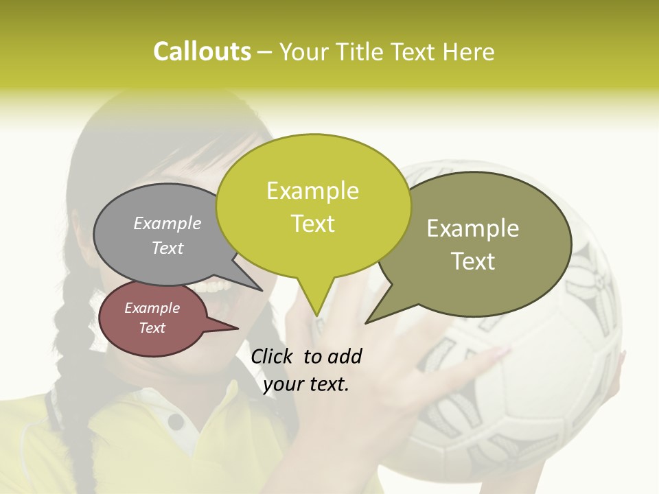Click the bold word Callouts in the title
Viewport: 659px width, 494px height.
[202, 51]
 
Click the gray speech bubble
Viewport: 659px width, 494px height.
[158, 237]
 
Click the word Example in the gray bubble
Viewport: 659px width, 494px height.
[167, 223]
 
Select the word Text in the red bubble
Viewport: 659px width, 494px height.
[152, 328]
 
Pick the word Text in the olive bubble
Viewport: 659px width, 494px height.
[473, 261]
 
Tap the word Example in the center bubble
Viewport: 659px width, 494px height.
[312, 191]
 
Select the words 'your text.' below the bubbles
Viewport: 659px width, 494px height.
[306, 384]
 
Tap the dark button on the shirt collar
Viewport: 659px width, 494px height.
[176, 420]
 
